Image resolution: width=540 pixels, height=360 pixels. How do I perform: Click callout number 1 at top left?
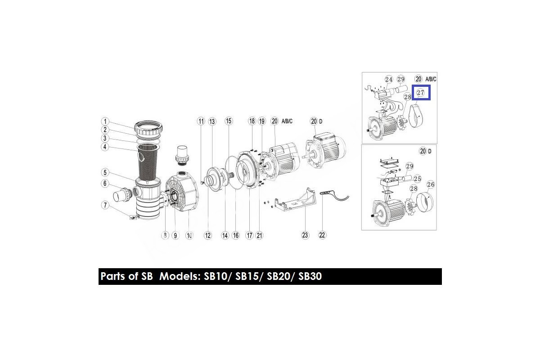click(x=105, y=121)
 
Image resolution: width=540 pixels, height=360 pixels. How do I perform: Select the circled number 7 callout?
click(x=105, y=205)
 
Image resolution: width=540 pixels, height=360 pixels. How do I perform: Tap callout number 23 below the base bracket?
click(x=305, y=235)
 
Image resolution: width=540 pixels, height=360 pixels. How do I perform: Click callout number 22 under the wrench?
click(x=322, y=235)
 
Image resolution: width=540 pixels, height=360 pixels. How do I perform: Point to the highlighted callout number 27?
click(x=421, y=92)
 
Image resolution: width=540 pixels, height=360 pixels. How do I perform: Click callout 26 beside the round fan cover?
click(x=431, y=184)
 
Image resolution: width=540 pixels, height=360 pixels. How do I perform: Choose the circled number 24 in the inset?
click(x=389, y=79)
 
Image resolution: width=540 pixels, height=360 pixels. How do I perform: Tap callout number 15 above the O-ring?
click(x=229, y=121)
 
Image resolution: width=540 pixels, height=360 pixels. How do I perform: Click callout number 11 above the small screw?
click(x=201, y=121)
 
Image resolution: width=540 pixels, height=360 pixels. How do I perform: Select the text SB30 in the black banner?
click(x=310, y=276)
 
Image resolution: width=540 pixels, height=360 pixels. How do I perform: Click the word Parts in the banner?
click(x=113, y=276)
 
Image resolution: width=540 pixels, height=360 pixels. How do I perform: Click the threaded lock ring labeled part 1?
click(x=148, y=129)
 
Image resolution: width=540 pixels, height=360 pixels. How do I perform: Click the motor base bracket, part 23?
click(x=295, y=200)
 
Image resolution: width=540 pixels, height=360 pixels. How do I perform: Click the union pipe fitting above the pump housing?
click(x=182, y=155)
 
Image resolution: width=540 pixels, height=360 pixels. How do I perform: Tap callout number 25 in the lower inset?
click(x=418, y=179)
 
